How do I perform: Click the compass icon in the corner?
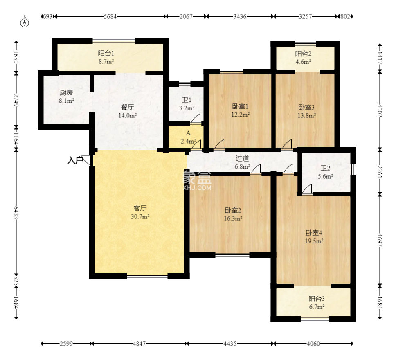coord(25,22)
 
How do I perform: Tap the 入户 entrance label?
coord(75,160)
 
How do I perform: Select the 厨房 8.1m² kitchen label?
coord(67,97)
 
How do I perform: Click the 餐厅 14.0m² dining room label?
coord(128,111)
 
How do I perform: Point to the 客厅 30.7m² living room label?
coord(140,212)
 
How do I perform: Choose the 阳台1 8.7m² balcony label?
coord(106,57)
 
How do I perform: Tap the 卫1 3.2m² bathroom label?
coord(187,104)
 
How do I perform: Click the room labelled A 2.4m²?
coord(188,137)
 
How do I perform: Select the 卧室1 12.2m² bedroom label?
coord(241,110)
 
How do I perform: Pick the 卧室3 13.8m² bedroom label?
coord(307,111)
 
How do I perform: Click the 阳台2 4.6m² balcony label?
coord(303,58)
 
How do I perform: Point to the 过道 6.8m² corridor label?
coord(243,162)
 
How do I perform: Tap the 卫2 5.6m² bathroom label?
coord(325,172)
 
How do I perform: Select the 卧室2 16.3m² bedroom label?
coord(233,214)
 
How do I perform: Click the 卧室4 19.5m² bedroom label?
coord(314,236)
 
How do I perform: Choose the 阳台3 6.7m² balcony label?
coord(317,302)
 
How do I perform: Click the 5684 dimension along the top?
coord(110,16)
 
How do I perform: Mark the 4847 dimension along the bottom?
coord(139,343)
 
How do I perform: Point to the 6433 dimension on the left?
coord(16,212)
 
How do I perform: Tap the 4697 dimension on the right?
coord(380,240)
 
